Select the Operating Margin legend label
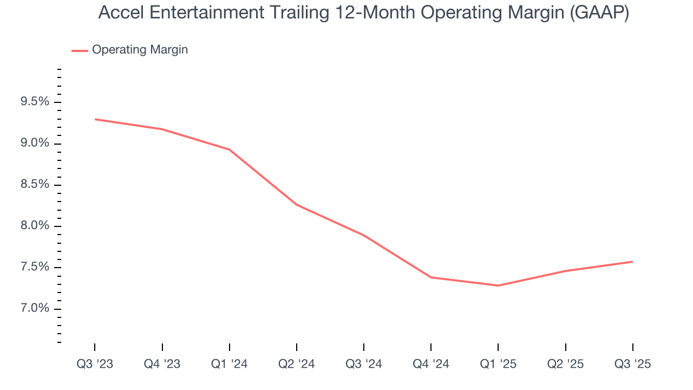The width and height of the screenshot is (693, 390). point(140,50)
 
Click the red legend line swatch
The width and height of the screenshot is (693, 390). point(80,50)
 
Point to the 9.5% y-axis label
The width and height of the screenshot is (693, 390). point(35,102)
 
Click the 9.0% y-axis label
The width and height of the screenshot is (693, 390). point(35,144)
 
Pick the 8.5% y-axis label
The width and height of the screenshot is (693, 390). point(35,185)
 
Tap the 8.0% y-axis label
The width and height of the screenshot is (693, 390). point(35,226)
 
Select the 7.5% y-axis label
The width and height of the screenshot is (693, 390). point(35,267)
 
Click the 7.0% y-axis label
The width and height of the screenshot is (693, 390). point(35,309)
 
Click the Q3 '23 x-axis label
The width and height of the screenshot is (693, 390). point(95,364)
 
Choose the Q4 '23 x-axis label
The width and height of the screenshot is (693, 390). point(162,364)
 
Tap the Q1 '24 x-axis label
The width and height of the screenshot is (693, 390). point(230,364)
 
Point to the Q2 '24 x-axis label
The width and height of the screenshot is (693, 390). point(297,364)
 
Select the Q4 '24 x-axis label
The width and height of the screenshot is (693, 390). point(431,364)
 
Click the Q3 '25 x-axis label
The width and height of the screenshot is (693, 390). point(633,364)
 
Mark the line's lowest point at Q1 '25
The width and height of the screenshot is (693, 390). point(498,285)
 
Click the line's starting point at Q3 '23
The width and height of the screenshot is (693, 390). point(95,119)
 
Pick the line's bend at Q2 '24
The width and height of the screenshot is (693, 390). point(297,205)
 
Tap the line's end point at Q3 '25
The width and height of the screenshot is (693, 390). point(632,262)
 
